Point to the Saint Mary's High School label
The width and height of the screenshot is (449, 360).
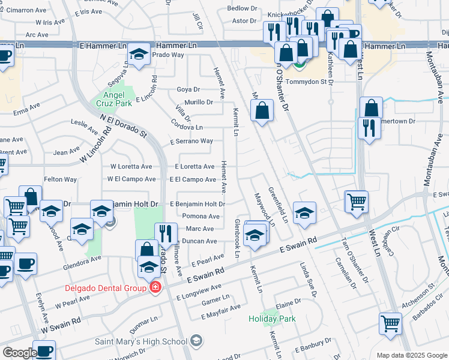pos(141,342)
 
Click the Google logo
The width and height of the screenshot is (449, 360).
pos(19,353)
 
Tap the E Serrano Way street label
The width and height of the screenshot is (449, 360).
pos(191,142)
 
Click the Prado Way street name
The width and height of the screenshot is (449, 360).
pos(167,55)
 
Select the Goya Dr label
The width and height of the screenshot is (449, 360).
pos(188,89)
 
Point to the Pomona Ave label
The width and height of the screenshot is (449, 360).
pos(200,217)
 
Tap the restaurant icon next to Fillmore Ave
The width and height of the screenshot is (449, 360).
pos(165,234)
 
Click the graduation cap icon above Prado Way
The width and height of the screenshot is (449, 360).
pos(139,56)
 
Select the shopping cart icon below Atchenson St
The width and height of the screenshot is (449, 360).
pos(390,324)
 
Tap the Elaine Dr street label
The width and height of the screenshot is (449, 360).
pos(288,304)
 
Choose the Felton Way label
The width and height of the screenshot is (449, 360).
pos(60,179)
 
